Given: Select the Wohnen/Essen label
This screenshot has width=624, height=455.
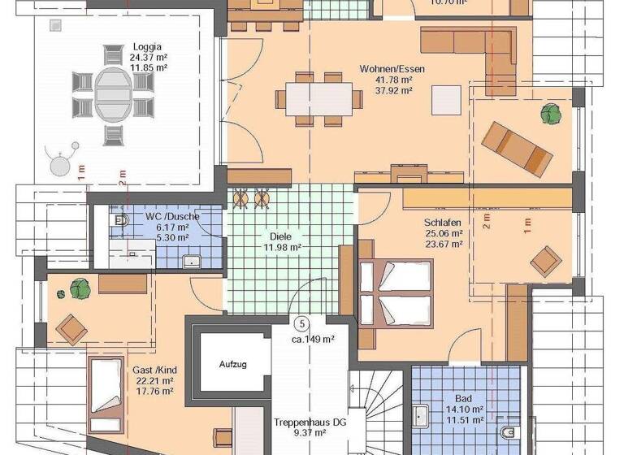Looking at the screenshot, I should click(x=392, y=69).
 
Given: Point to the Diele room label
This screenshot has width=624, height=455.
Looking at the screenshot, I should click(x=280, y=236).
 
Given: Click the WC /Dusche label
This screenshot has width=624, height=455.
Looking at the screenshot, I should click(x=172, y=218).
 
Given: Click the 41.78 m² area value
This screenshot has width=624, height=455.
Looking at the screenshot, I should click(x=392, y=80).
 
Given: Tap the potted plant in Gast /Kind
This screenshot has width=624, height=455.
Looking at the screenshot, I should click(x=79, y=287).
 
